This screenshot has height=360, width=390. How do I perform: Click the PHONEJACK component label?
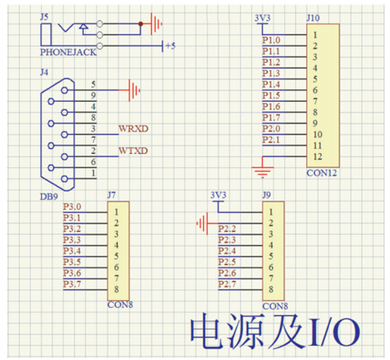click(x=68, y=52)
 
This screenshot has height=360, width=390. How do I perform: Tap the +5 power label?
click(x=171, y=46)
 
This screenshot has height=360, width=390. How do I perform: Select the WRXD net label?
click(x=134, y=128)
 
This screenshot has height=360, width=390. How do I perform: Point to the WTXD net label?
click(x=133, y=151)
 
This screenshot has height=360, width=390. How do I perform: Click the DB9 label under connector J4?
click(x=49, y=197)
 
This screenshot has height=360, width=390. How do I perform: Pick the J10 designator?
click(x=313, y=18)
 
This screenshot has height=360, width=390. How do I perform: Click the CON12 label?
click(x=322, y=173)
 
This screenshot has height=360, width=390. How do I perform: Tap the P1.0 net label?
click(x=271, y=40)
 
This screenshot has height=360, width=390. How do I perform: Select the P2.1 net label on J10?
click(x=271, y=140)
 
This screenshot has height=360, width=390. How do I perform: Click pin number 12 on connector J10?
click(x=318, y=156)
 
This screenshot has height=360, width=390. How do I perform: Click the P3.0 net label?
click(x=72, y=207)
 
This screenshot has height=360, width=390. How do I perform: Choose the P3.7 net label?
click(x=72, y=284)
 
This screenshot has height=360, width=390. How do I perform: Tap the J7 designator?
click(x=112, y=195)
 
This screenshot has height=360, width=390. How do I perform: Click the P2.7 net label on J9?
click(x=227, y=284)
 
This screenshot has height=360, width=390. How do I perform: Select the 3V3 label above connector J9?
click(x=218, y=195)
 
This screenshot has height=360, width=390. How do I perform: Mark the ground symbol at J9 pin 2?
click(x=204, y=223)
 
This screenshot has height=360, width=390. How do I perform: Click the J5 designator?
click(x=44, y=17)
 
